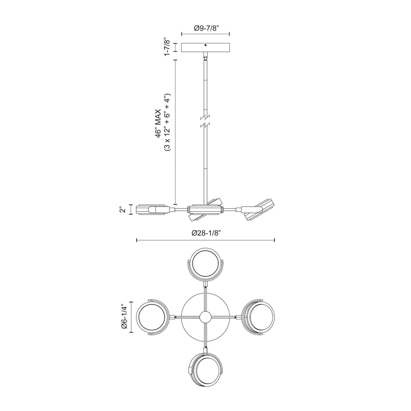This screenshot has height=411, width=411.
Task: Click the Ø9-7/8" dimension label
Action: click(x=206, y=27)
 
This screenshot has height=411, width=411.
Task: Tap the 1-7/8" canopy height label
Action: click(x=166, y=47)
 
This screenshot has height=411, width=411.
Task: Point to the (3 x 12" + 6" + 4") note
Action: click(x=167, y=122)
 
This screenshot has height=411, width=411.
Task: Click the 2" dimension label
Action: click(x=122, y=210)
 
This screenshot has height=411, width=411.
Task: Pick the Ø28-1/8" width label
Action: click(x=206, y=233)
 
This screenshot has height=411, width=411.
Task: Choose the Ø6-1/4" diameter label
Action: click(x=123, y=317)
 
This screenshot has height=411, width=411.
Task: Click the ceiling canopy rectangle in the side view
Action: click(x=206, y=48)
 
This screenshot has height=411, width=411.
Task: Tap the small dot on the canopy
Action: click(x=206, y=45)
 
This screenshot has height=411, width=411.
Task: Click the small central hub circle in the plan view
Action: click(x=205, y=317)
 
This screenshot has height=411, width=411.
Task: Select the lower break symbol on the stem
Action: click(x=206, y=125)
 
